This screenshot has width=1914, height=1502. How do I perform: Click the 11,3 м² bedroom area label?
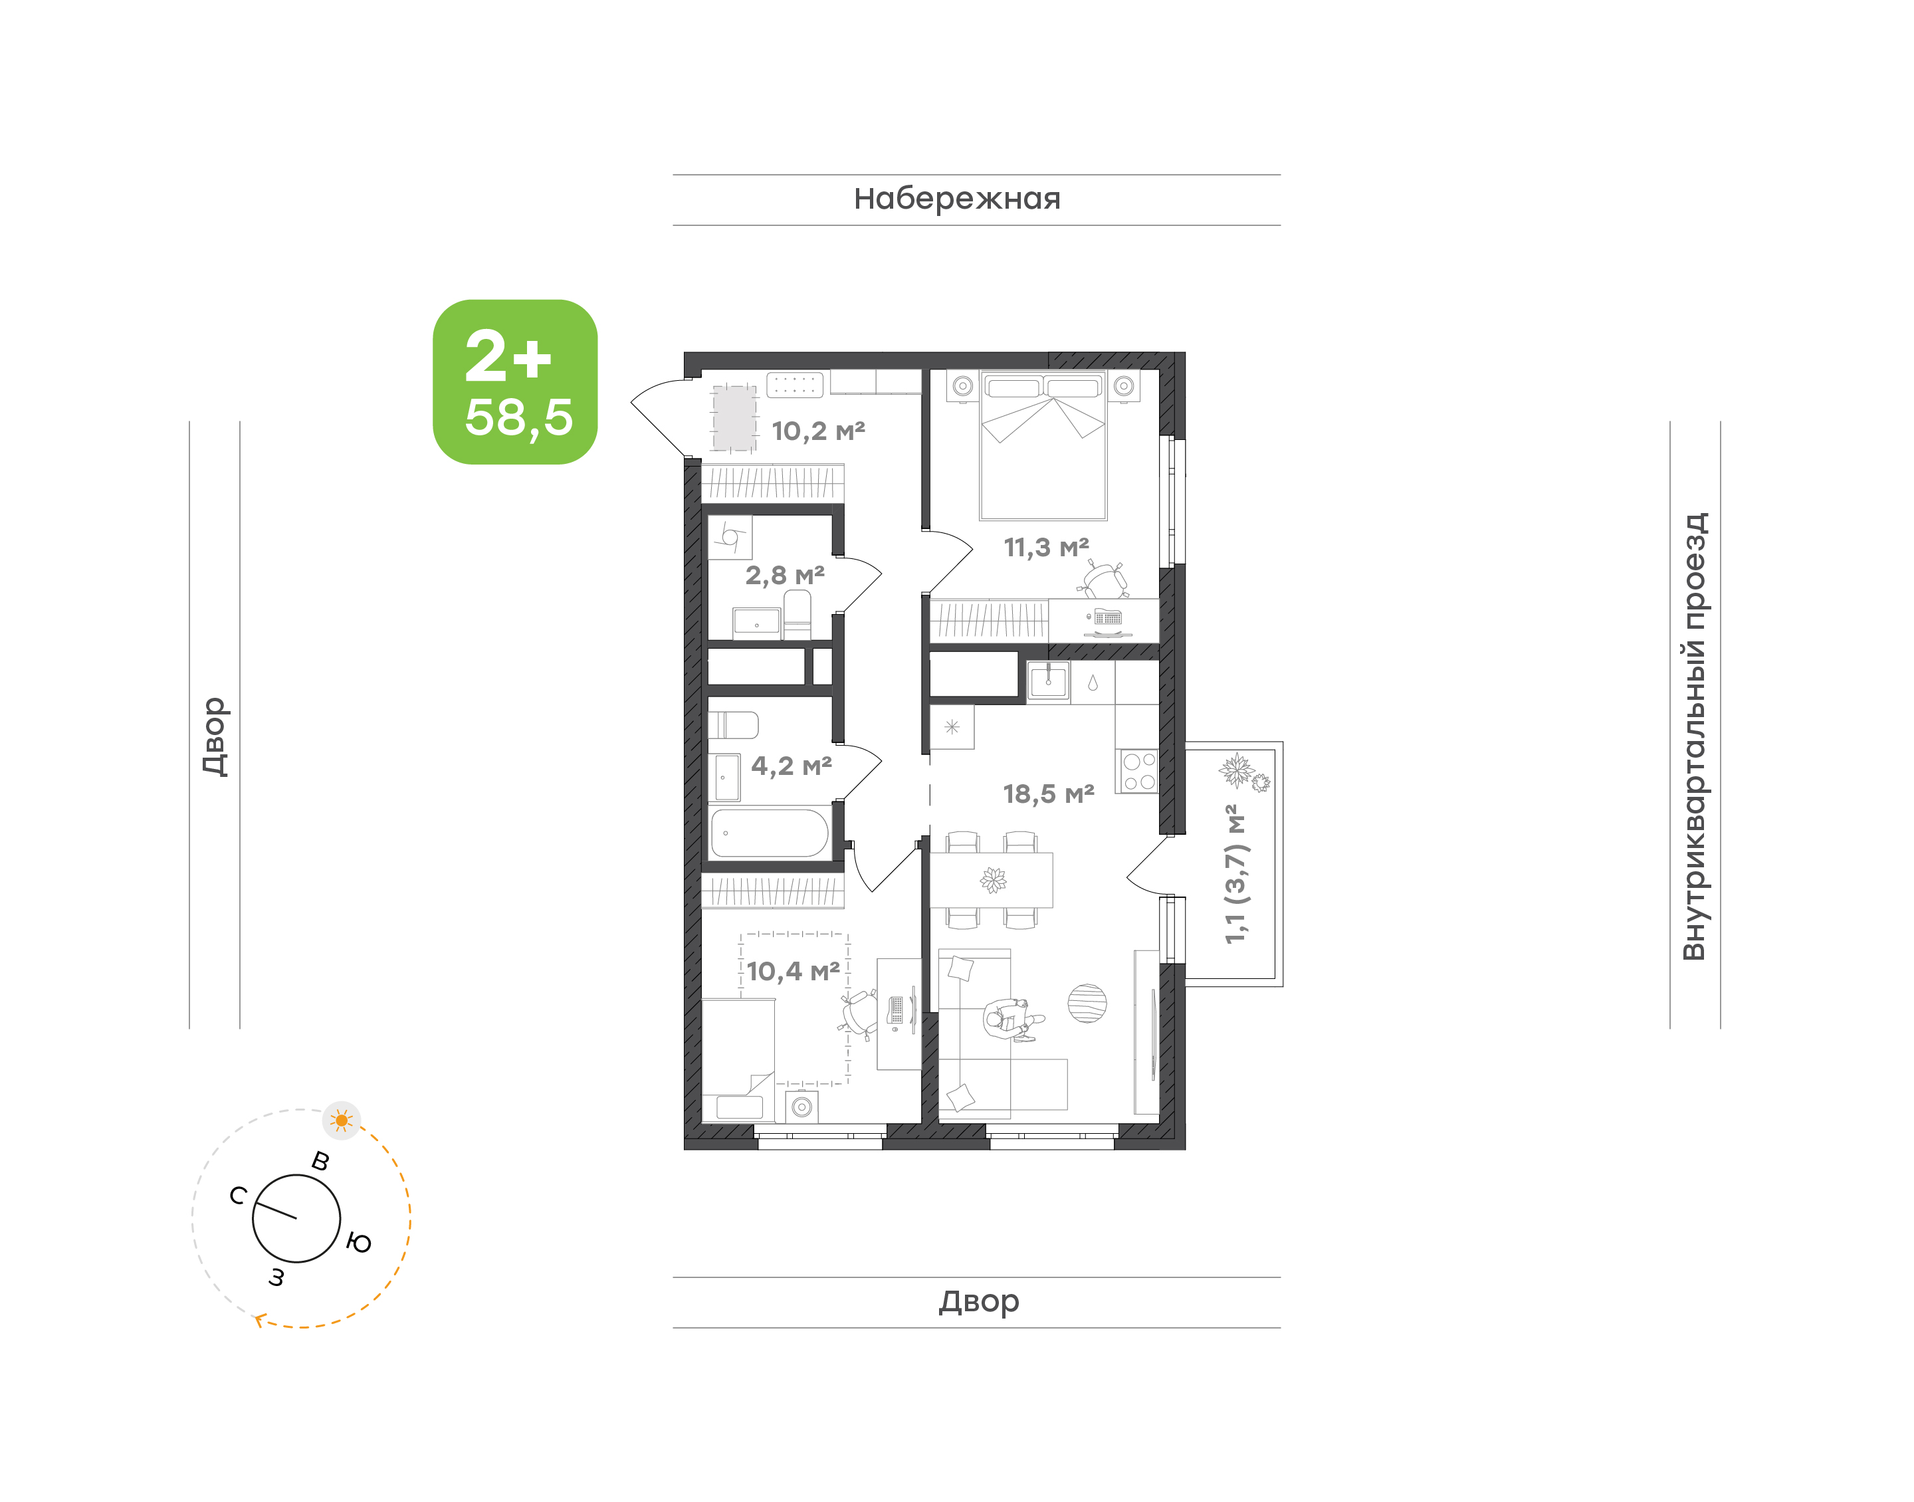pyautogui.click(x=1046, y=547)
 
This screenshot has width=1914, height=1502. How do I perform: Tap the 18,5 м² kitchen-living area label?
pyautogui.click(x=1048, y=794)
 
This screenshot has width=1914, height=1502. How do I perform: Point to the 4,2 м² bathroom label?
pyautogui.click(x=792, y=766)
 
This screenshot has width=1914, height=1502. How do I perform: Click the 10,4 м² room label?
pyautogui.click(x=793, y=971)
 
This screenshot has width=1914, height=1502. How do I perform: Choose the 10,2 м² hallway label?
pyautogui.click(x=817, y=431)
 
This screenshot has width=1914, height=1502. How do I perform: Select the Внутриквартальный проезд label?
pyautogui.click(x=1693, y=736)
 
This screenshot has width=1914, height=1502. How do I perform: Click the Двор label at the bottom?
pyautogui.click(x=978, y=1301)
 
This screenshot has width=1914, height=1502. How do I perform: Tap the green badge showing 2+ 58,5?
pyautogui.click(x=515, y=381)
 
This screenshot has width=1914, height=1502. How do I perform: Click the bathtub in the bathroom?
pyautogui.click(x=770, y=833)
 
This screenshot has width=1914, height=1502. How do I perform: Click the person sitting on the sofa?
pyautogui.click(x=1011, y=1020)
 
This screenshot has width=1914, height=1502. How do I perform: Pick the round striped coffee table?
pyautogui.click(x=1087, y=1004)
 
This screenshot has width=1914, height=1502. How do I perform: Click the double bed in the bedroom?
pyautogui.click(x=1043, y=446)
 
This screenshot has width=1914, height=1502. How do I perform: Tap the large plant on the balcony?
pyautogui.click(x=1237, y=770)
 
